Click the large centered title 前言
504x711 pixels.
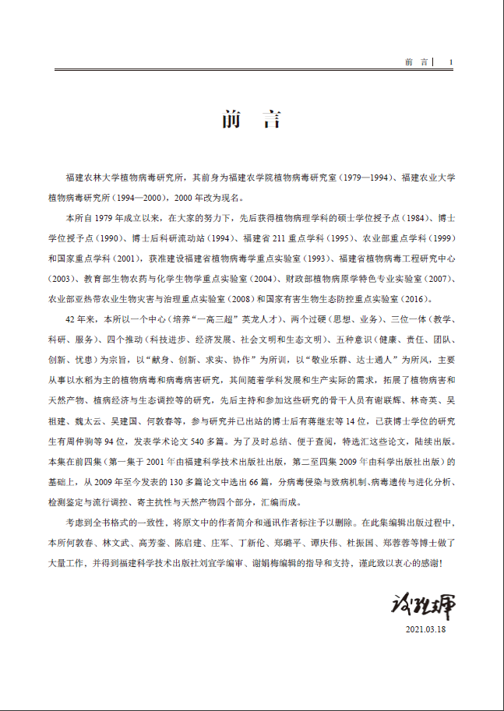[x=251, y=120]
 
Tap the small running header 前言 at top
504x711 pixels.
[x=418, y=62]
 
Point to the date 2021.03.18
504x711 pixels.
[x=425, y=628]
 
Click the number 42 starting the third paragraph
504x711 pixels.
[x=71, y=319]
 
